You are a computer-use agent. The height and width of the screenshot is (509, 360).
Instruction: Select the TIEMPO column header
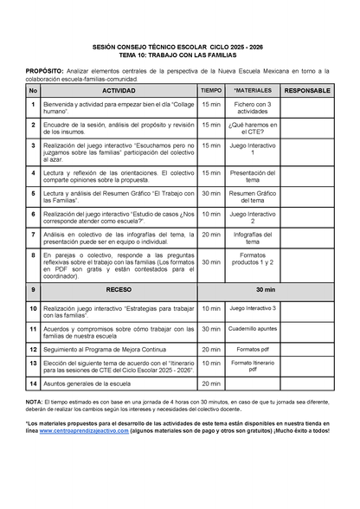click(x=211, y=90)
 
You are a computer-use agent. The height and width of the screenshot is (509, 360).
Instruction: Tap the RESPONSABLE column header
click(x=306, y=90)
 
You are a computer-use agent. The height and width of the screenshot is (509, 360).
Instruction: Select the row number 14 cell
click(x=33, y=382)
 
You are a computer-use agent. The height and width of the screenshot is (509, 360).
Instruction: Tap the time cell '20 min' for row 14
click(x=211, y=382)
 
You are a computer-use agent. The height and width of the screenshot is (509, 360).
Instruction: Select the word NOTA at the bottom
click(x=35, y=403)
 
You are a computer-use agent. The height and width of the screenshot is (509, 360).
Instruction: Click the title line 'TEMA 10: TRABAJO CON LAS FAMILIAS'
click(x=180, y=55)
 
